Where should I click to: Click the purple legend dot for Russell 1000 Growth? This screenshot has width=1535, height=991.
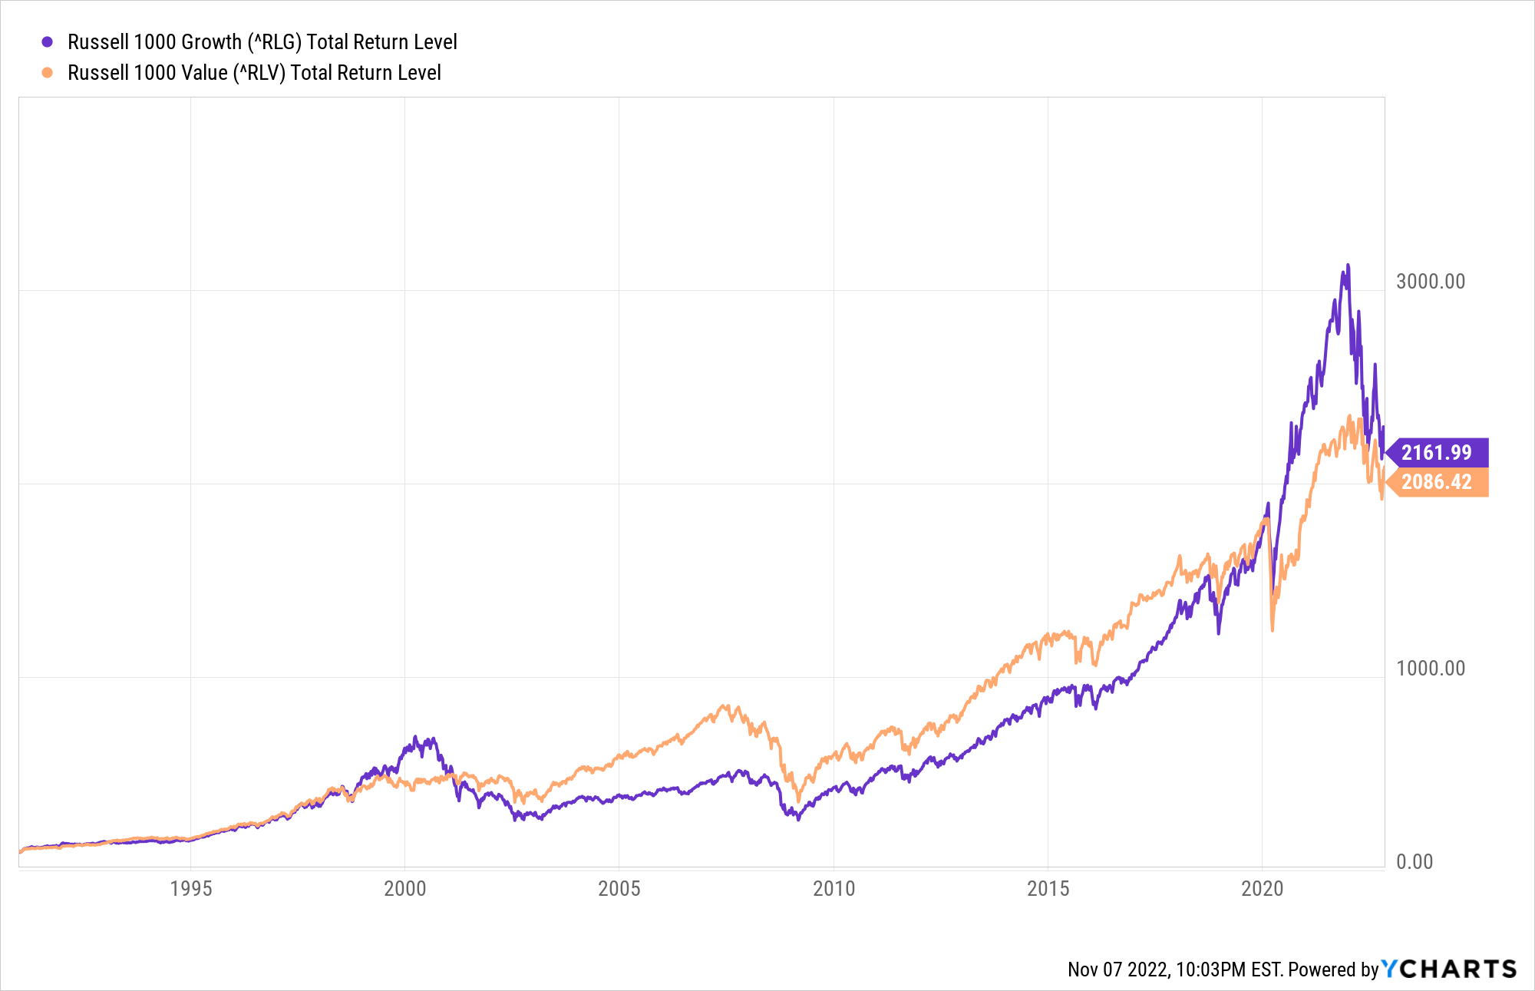click(x=48, y=42)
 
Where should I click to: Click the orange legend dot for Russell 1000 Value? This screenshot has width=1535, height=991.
click(x=48, y=73)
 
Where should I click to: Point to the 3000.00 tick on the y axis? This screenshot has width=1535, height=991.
click(x=1430, y=282)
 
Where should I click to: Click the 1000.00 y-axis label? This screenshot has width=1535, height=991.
click(x=1430, y=669)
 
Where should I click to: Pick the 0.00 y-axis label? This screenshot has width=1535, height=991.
click(x=1414, y=862)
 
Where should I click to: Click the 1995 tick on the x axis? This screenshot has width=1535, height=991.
click(x=190, y=889)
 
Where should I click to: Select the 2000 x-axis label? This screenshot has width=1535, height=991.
click(x=404, y=889)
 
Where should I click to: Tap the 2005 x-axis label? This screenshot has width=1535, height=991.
click(x=619, y=889)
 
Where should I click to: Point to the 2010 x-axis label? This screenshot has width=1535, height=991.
click(x=834, y=889)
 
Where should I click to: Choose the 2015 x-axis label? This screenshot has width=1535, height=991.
click(x=1048, y=889)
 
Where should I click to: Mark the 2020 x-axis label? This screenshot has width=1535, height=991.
click(x=1262, y=889)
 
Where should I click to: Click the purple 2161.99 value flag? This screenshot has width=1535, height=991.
click(x=1437, y=453)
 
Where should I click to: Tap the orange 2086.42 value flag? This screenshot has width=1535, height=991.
click(x=1437, y=482)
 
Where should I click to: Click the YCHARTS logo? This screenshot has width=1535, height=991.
click(x=1449, y=969)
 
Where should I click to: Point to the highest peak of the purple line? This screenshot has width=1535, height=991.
click(x=1348, y=266)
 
